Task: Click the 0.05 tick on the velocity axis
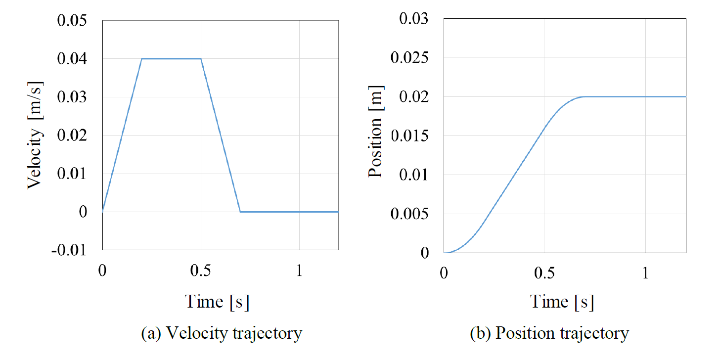pyautogui.click(x=74, y=21)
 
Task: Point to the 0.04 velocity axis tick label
pyautogui.click(x=74, y=59)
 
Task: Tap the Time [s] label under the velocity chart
pyautogui.click(x=217, y=301)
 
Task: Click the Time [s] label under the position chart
pyautogui.click(x=562, y=301)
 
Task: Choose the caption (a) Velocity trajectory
pyautogui.click(x=222, y=333)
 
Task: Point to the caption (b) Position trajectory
pyautogui.click(x=549, y=333)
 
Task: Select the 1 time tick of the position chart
pyautogui.click(x=645, y=273)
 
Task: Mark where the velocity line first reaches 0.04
pyautogui.click(x=142, y=59)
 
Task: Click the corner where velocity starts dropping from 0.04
pyautogui.click(x=201, y=59)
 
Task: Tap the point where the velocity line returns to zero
pyautogui.click(x=240, y=212)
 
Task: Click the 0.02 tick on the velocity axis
pyautogui.click(x=74, y=135)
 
